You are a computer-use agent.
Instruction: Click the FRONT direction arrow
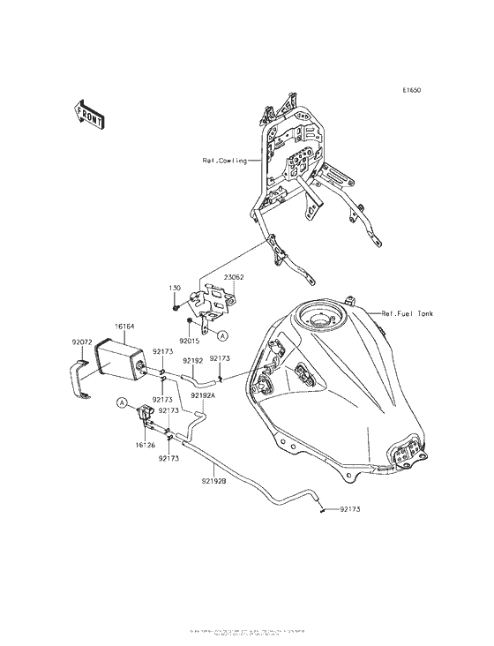tap(88, 114)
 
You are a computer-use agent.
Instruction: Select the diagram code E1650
tap(414, 90)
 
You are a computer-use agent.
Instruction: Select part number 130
tap(175, 289)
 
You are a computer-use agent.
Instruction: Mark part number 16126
tap(146, 446)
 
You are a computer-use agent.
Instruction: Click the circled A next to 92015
tap(222, 336)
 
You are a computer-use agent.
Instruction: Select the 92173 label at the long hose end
tap(348, 510)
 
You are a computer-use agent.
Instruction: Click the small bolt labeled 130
tap(179, 309)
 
